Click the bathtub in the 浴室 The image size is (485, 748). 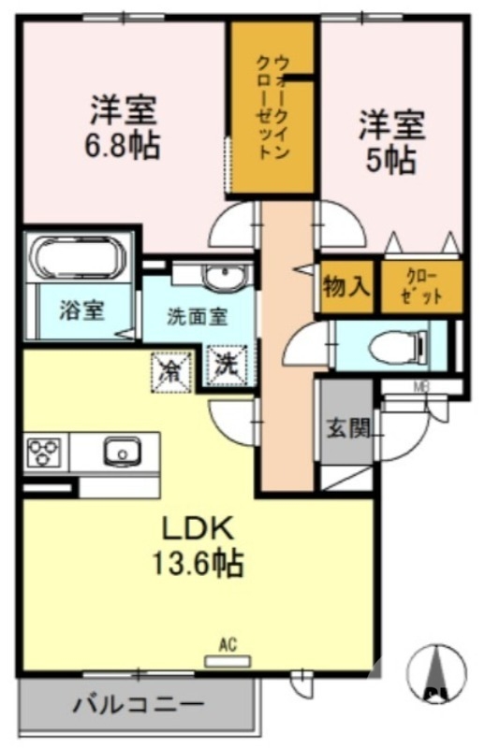pyautogui.click(x=78, y=258)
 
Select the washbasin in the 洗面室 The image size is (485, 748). pyautogui.click(x=224, y=275)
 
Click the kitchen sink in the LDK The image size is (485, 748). pyautogui.click(x=123, y=451)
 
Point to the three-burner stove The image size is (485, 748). pyautogui.click(x=44, y=452)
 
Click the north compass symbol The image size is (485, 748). pyautogui.click(x=436, y=672)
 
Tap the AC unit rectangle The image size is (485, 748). pyautogui.click(x=228, y=661)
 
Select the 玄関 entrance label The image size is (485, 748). pyautogui.click(x=348, y=428)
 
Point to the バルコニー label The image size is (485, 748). pyautogui.click(x=139, y=704)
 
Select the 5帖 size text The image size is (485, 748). pyautogui.click(x=390, y=159)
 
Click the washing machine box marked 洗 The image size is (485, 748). pyautogui.click(x=227, y=366)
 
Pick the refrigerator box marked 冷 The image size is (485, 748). pyautogui.click(x=171, y=372)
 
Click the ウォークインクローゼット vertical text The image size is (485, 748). pyautogui.click(x=272, y=108)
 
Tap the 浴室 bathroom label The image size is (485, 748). pyautogui.click(x=81, y=310)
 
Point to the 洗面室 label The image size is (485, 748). pyautogui.click(x=197, y=317)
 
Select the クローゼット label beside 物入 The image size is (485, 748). pyautogui.click(x=421, y=287)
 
